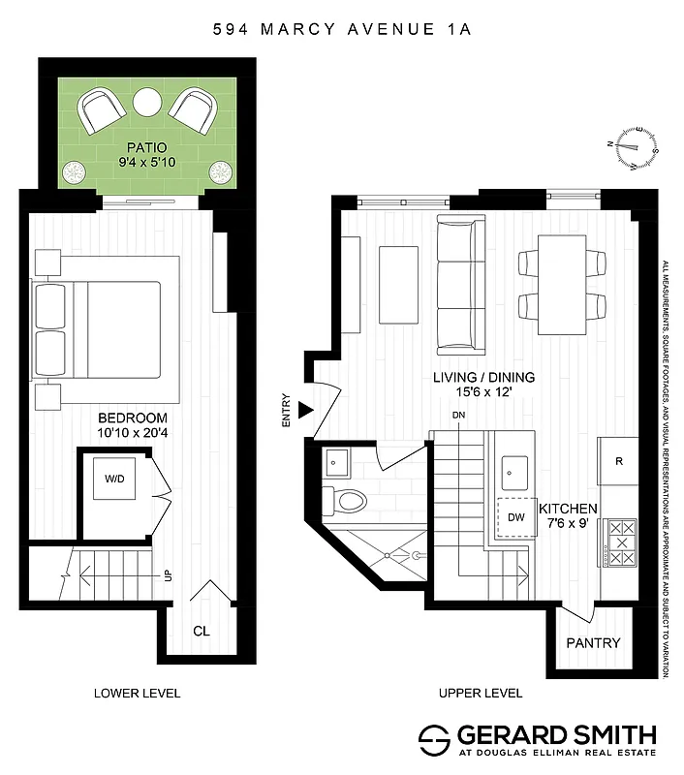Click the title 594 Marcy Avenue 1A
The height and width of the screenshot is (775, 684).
point(342,29)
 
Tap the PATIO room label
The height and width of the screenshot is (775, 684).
point(148,150)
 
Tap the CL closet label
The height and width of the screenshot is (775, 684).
point(202,631)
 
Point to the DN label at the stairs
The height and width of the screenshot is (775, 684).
point(459,417)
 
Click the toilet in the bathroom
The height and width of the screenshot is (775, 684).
point(351,500)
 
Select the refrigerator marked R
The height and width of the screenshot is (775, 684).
point(618,461)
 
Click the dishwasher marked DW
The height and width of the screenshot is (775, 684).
point(515,516)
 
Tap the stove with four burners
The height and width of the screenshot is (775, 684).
point(619,543)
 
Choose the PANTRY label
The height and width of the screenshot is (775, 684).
point(593,642)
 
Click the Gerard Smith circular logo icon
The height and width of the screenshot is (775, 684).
point(433,740)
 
